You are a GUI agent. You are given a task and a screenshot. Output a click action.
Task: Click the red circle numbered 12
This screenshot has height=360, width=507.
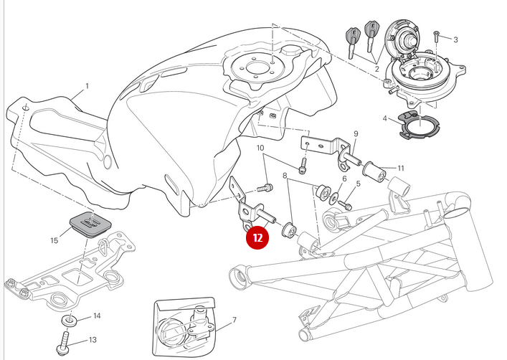(257, 237)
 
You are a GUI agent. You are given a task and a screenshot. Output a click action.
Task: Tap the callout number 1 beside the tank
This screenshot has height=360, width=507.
(87, 86)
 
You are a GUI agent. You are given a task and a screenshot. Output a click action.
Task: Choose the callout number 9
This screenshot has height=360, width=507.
(355, 134)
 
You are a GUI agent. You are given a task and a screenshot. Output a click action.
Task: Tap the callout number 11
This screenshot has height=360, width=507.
(401, 169)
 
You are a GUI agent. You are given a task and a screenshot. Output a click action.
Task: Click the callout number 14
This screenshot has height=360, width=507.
(97, 316)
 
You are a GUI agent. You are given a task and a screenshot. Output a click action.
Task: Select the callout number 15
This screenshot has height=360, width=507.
(54, 240)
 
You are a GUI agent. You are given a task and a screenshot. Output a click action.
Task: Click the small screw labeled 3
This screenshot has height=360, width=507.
(437, 34)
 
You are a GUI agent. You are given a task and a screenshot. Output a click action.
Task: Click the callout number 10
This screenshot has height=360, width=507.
(261, 148)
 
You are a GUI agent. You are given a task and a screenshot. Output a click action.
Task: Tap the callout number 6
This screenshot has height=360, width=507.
(343, 179)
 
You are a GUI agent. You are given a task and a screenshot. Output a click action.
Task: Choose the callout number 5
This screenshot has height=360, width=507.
(358, 184)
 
